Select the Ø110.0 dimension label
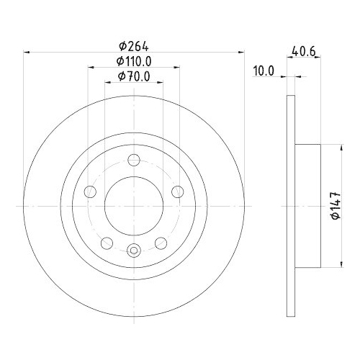(133, 61)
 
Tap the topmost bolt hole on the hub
(134, 162)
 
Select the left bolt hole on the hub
(91, 192)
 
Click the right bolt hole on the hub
(176, 192)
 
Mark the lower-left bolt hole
(107, 242)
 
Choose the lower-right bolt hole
(160, 242)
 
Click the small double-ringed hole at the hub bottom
(134, 251)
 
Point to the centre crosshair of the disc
(134, 206)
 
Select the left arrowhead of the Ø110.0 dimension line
(91, 68)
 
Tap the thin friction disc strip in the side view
(291, 206)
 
